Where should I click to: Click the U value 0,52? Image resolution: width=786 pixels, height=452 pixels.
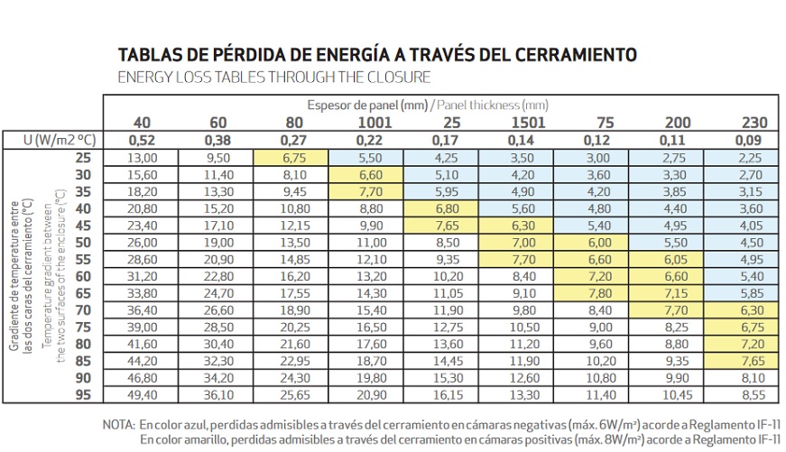(143, 140)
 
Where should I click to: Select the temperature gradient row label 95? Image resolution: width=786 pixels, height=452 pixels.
(83, 394)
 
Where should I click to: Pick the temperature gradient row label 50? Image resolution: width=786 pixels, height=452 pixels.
(83, 242)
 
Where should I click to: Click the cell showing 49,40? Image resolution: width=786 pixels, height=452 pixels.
(143, 394)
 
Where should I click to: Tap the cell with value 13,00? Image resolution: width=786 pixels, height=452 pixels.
(143, 157)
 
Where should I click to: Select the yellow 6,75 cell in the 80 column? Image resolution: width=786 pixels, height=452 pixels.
(295, 157)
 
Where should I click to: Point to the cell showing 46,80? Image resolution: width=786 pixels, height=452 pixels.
(143, 377)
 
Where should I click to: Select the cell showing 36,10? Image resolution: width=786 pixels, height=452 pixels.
(218, 394)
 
